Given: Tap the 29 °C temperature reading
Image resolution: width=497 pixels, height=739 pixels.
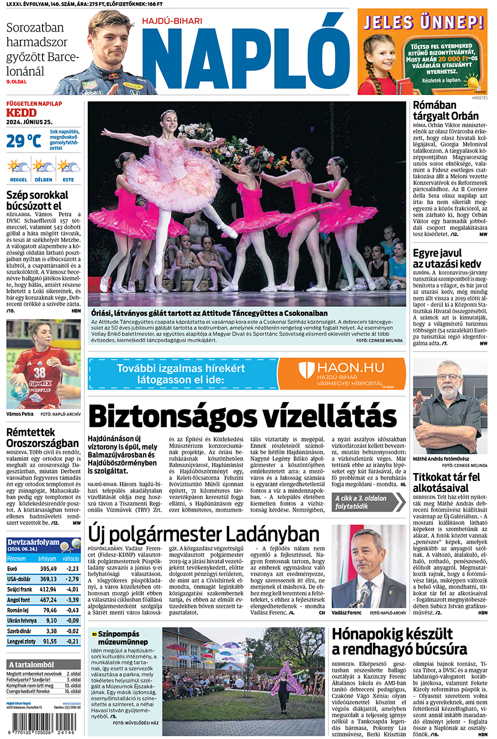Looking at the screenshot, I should tap(24, 141).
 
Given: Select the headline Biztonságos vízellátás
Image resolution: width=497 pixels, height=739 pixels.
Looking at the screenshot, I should tap(242, 416).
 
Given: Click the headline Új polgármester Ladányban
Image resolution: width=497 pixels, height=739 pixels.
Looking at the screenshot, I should tap(204, 534).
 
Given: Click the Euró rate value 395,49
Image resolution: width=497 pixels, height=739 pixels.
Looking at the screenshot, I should tap(48, 568).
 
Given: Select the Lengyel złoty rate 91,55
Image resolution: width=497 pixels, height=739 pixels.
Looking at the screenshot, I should tap(50, 641).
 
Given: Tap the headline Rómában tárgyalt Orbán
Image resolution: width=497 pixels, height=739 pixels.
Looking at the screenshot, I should tap(446, 111).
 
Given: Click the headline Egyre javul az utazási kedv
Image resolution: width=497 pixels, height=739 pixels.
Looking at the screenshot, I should tap(447, 258).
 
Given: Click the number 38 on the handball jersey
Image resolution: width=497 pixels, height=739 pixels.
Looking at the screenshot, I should tap(39, 372).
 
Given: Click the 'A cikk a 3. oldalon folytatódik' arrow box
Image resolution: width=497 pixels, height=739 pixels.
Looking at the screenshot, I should tap(368, 502).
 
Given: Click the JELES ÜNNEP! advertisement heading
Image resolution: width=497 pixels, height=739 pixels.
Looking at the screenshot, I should tap(422, 22).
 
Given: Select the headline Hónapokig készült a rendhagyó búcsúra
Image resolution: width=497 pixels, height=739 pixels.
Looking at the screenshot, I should tap(399, 641).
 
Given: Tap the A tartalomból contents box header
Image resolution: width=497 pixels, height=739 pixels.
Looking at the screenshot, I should tap(31, 664).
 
